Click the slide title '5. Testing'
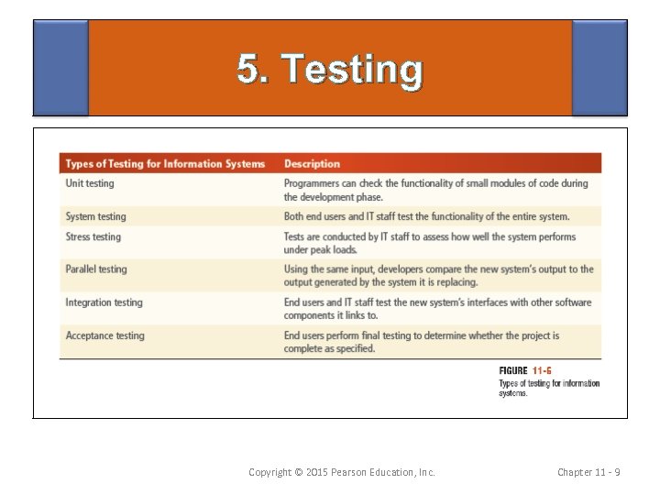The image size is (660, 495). pos(330,70)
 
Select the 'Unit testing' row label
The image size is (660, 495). pos(90,183)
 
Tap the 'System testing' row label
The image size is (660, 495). pos(95,216)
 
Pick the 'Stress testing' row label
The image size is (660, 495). pos(93,236)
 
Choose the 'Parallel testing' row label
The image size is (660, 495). pos(96,269)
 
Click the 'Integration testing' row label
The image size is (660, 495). pos(104,302)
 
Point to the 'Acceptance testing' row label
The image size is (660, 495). pos(104,335)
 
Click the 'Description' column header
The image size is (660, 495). pos(312,164)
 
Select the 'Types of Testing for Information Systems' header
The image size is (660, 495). pos(165,164)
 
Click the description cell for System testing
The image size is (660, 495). pos(426,216)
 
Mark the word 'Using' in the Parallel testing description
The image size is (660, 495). pos(297,269)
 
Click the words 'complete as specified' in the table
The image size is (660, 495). pos(329,348)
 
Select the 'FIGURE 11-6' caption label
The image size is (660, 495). pos(526,371)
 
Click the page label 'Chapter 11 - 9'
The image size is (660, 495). pos(589,472)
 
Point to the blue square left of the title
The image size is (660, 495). pos(60,68)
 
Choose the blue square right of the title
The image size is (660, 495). pos(599,68)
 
